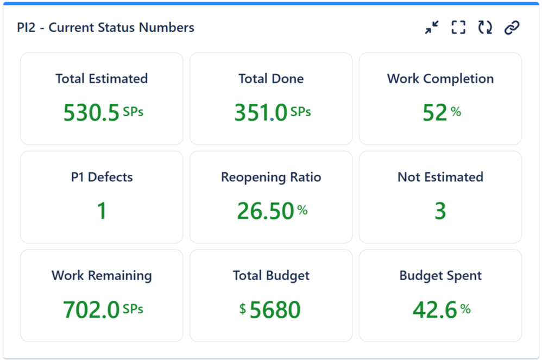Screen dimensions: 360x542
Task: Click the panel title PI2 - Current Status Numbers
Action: tap(105, 28)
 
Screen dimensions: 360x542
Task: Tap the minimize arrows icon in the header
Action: tap(432, 28)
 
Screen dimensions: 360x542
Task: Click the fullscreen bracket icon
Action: tap(458, 28)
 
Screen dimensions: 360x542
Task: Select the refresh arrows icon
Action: tap(485, 28)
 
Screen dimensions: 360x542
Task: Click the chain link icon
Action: tap(512, 28)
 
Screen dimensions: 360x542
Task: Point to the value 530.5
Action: tap(91, 113)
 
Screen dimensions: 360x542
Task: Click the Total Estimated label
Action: tap(102, 79)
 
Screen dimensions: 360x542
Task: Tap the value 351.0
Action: tap(261, 113)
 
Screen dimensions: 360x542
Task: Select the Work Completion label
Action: tap(440, 79)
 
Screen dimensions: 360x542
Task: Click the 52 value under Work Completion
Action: tap(435, 113)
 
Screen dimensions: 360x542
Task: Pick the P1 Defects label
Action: tap(102, 177)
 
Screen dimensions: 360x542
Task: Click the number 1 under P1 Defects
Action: tap(102, 211)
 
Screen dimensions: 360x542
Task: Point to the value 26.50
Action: tap(266, 211)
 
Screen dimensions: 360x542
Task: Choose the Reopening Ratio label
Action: tap(271, 177)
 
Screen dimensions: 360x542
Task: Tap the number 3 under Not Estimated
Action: tap(440, 211)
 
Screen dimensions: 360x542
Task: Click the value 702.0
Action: tap(91, 310)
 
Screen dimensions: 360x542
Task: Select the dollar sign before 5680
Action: tap(243, 309)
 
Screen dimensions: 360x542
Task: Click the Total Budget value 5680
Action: tap(275, 310)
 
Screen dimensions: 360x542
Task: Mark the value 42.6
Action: tap(434, 310)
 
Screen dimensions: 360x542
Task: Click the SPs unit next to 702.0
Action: tap(133, 308)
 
